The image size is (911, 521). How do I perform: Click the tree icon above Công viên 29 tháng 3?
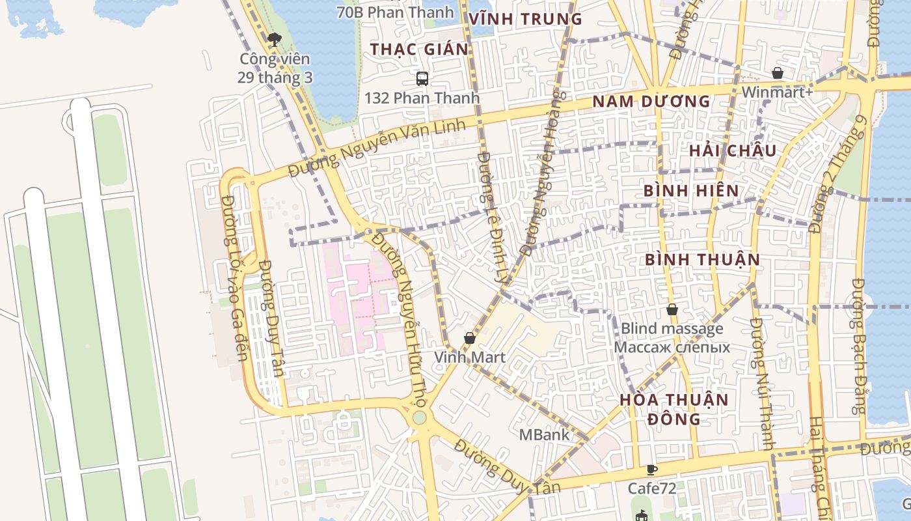click(x=275, y=40)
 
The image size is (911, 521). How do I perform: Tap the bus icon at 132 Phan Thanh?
click(x=422, y=79)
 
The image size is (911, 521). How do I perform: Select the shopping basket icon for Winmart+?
click(x=777, y=73)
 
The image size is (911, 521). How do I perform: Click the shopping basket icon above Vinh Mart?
click(x=469, y=338)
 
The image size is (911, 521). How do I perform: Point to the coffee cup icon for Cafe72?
click(x=652, y=470)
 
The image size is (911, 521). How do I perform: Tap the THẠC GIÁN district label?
click(x=419, y=49)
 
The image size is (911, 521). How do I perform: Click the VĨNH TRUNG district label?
click(x=525, y=20)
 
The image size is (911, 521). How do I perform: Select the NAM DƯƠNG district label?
click(x=651, y=102)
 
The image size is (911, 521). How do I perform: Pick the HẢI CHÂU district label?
click(x=733, y=151)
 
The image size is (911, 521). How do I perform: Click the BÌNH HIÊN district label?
click(x=691, y=191)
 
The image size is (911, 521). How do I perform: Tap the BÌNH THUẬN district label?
click(x=702, y=260)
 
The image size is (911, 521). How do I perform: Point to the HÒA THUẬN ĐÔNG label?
click(x=673, y=409)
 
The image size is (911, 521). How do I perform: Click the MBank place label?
click(x=544, y=434)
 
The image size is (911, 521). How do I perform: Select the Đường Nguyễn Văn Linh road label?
click(x=377, y=148)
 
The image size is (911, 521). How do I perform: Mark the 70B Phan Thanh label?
click(x=395, y=12)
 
